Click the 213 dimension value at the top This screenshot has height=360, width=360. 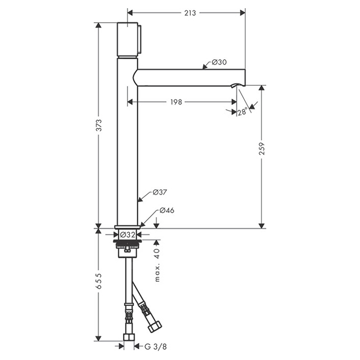pyautogui.click(x=190, y=13)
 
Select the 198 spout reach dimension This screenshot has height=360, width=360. pyautogui.click(x=176, y=102)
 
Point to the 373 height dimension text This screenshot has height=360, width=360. pyautogui.click(x=99, y=125)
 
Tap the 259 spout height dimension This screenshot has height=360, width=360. pyautogui.click(x=262, y=149)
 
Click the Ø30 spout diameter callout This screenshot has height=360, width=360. pyautogui.click(x=219, y=62)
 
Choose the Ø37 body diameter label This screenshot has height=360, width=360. pyautogui.click(x=159, y=192)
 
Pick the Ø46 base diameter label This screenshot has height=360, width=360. pyautogui.click(x=167, y=210)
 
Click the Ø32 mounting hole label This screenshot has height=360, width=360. pyautogui.click(x=128, y=235)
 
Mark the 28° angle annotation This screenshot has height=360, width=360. pyautogui.click(x=242, y=112)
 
